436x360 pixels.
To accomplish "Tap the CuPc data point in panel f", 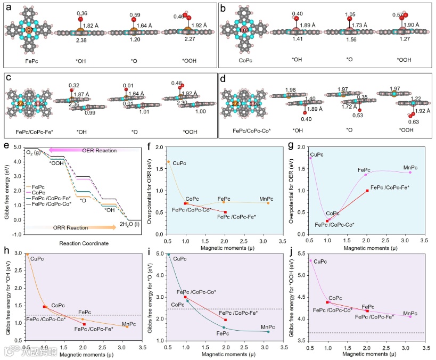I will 168,161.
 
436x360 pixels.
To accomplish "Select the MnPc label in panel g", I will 409,168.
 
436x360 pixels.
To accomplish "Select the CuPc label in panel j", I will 320,261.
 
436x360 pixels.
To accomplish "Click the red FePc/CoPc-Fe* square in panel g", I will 367,191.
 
